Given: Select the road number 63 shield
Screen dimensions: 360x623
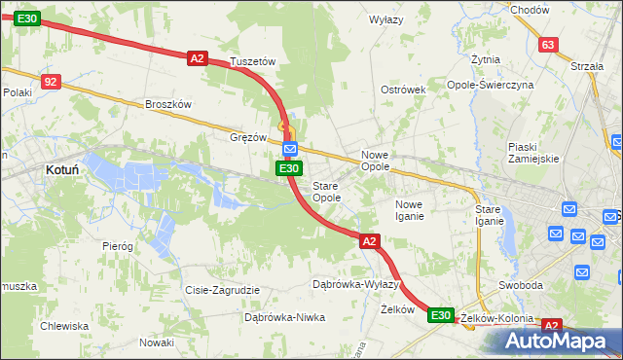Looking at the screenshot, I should point(548,45).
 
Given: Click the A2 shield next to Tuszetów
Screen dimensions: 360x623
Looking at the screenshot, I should point(198,58).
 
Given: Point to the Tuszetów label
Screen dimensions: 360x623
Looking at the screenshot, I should point(254,61).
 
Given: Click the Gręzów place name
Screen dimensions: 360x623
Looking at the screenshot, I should point(247,137).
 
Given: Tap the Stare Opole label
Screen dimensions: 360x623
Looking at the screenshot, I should point(326,191).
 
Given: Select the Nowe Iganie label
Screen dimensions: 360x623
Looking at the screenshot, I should point(409,210).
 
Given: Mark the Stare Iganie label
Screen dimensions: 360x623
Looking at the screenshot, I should point(489,215).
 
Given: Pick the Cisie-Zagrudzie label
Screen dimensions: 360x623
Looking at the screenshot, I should point(222,290).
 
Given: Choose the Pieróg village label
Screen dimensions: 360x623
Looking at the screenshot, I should point(117,246).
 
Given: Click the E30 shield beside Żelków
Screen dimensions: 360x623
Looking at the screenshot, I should point(440,315).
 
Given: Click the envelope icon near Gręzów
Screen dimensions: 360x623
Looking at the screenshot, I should point(290,148).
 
